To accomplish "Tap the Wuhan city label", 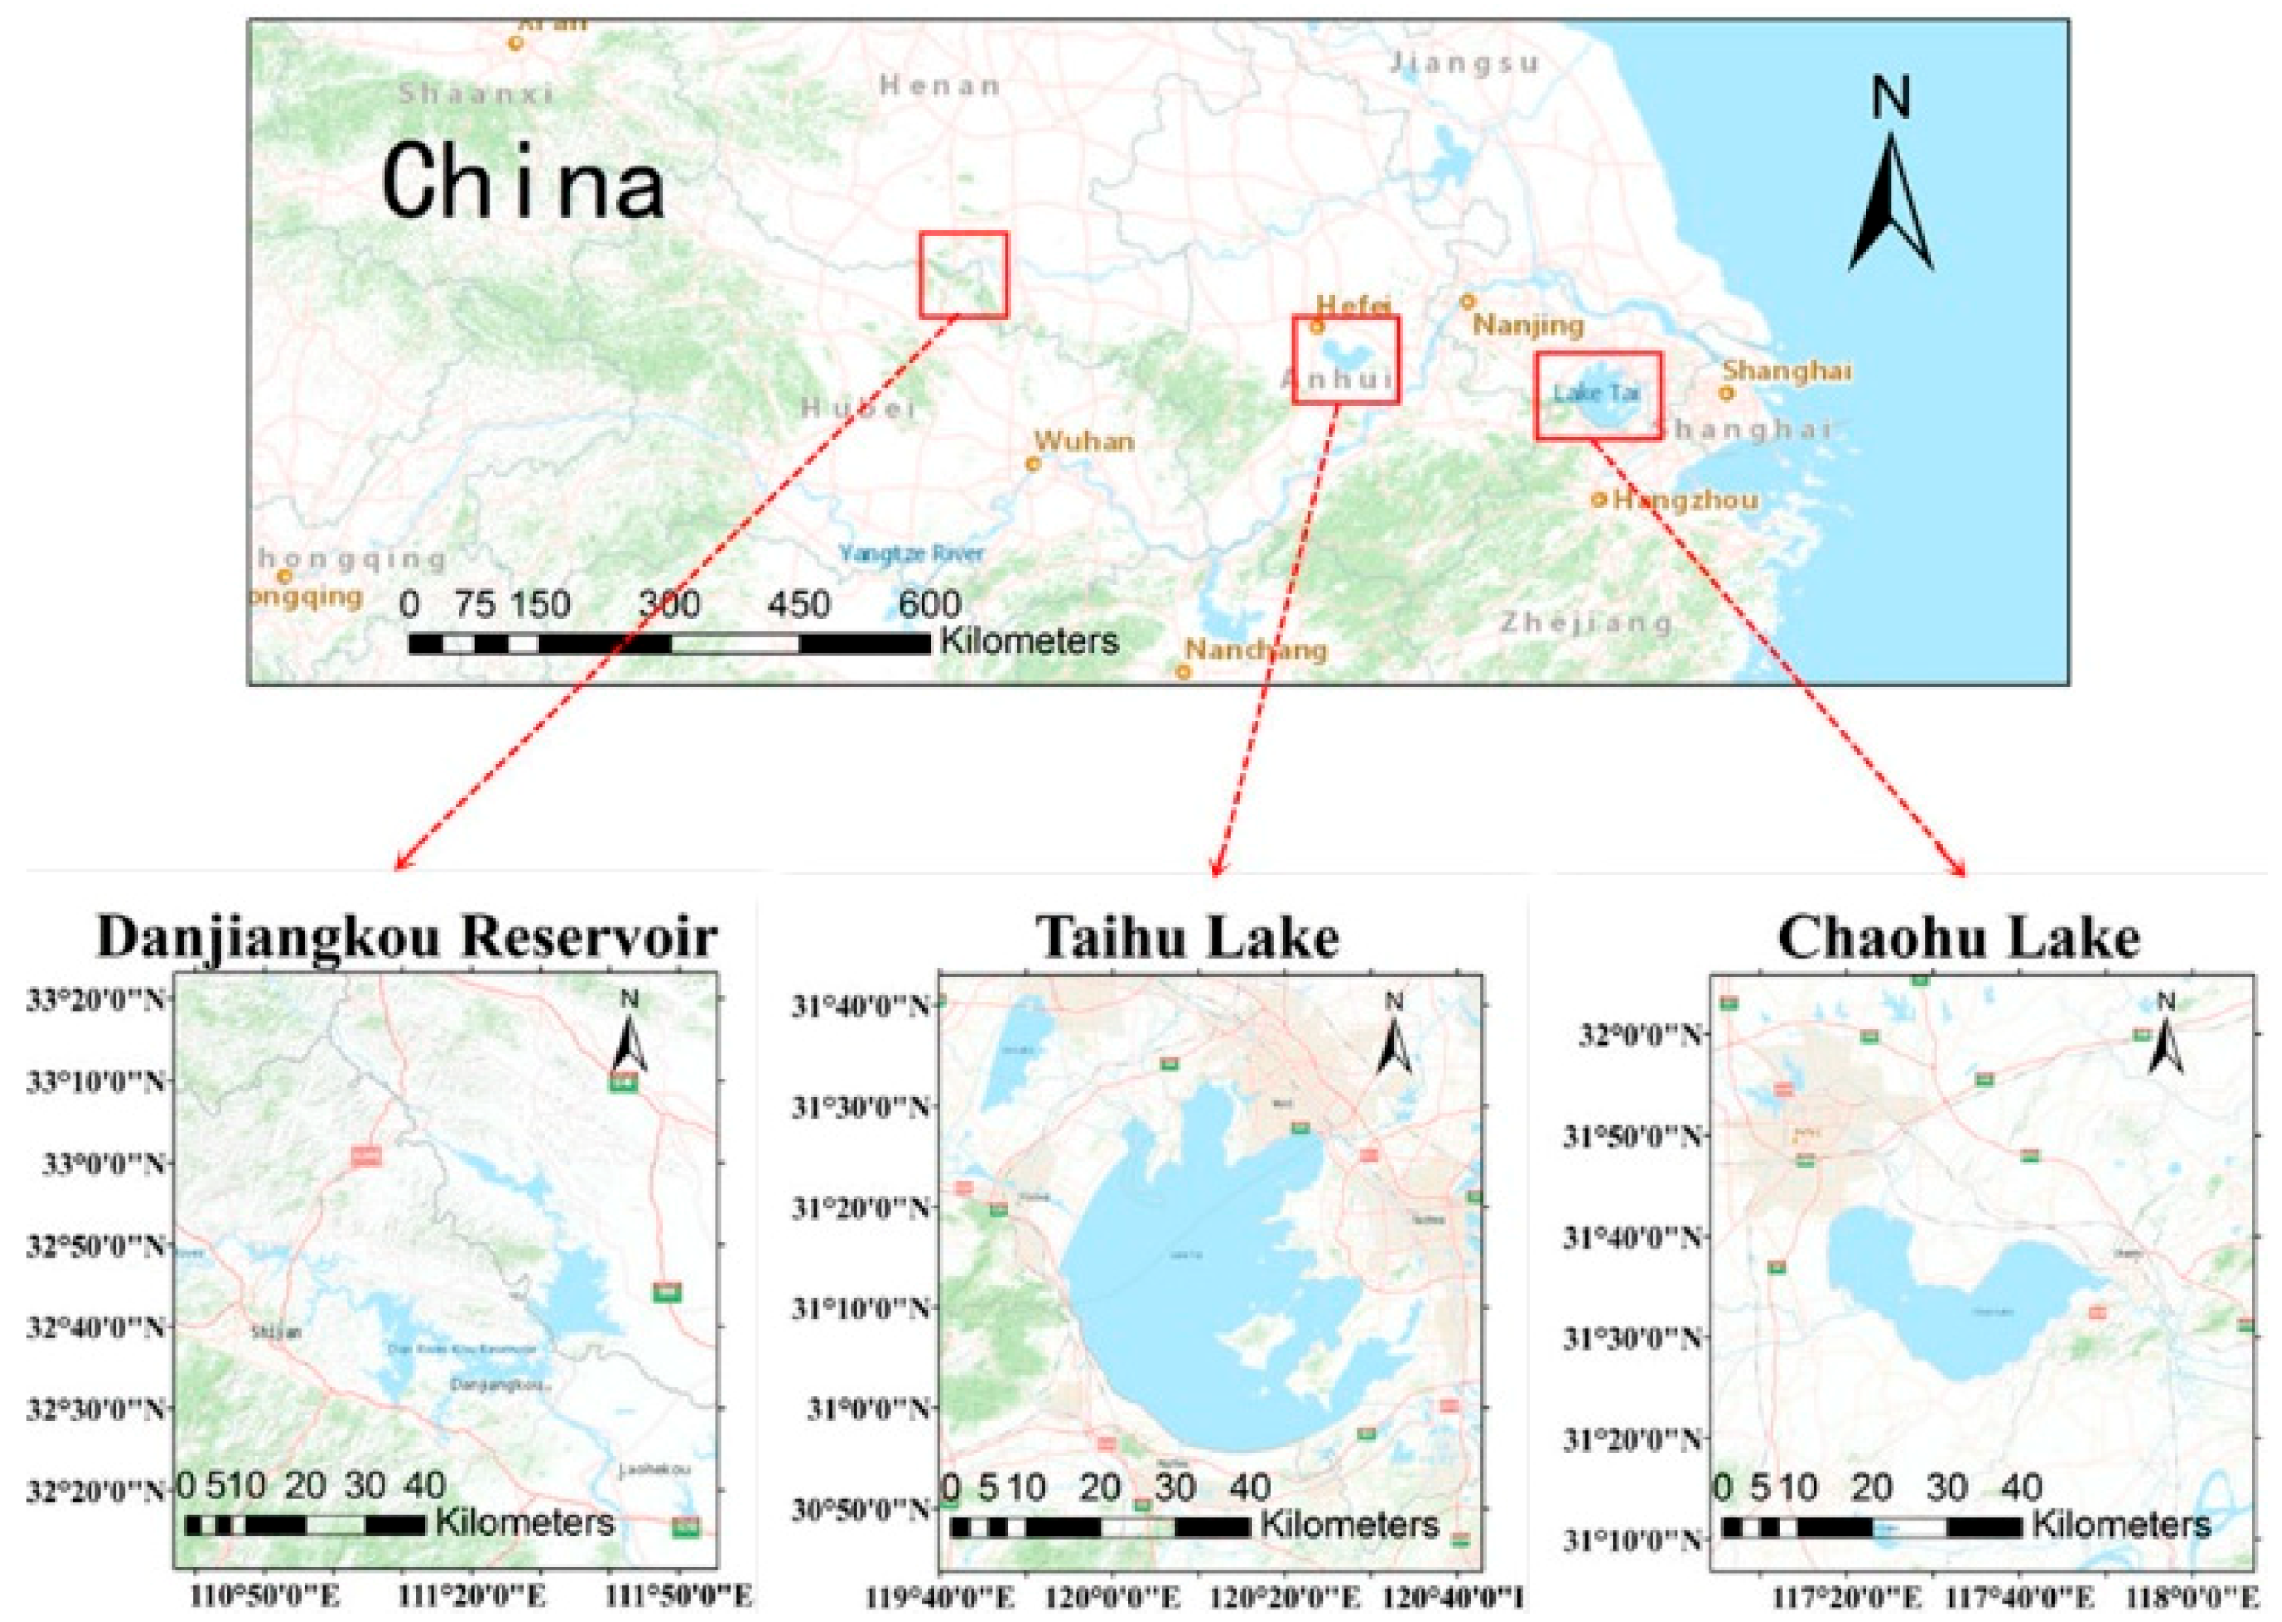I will pyautogui.click(x=1083, y=440).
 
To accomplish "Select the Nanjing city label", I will pyautogui.click(x=1529, y=325).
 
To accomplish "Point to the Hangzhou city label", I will pyautogui.click(x=1686, y=499).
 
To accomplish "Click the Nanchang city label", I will pyautogui.click(x=1256, y=650).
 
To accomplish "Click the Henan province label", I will pyautogui.click(x=939, y=86).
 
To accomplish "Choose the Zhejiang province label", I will pyautogui.click(x=1585, y=622).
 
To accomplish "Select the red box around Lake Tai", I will pyautogui.click(x=1598, y=395).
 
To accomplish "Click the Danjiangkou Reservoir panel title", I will pyautogui.click(x=407, y=937).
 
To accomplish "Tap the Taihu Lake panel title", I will pyautogui.click(x=1187, y=937).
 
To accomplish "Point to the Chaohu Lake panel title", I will pyautogui.click(x=1960, y=937).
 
